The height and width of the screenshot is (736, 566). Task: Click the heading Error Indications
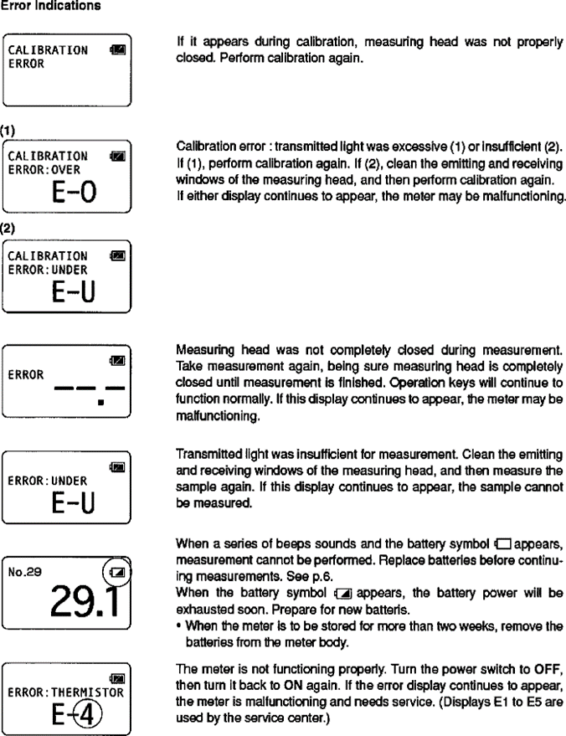[x=51, y=7]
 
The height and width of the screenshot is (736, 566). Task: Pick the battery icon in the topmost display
[x=117, y=51]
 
